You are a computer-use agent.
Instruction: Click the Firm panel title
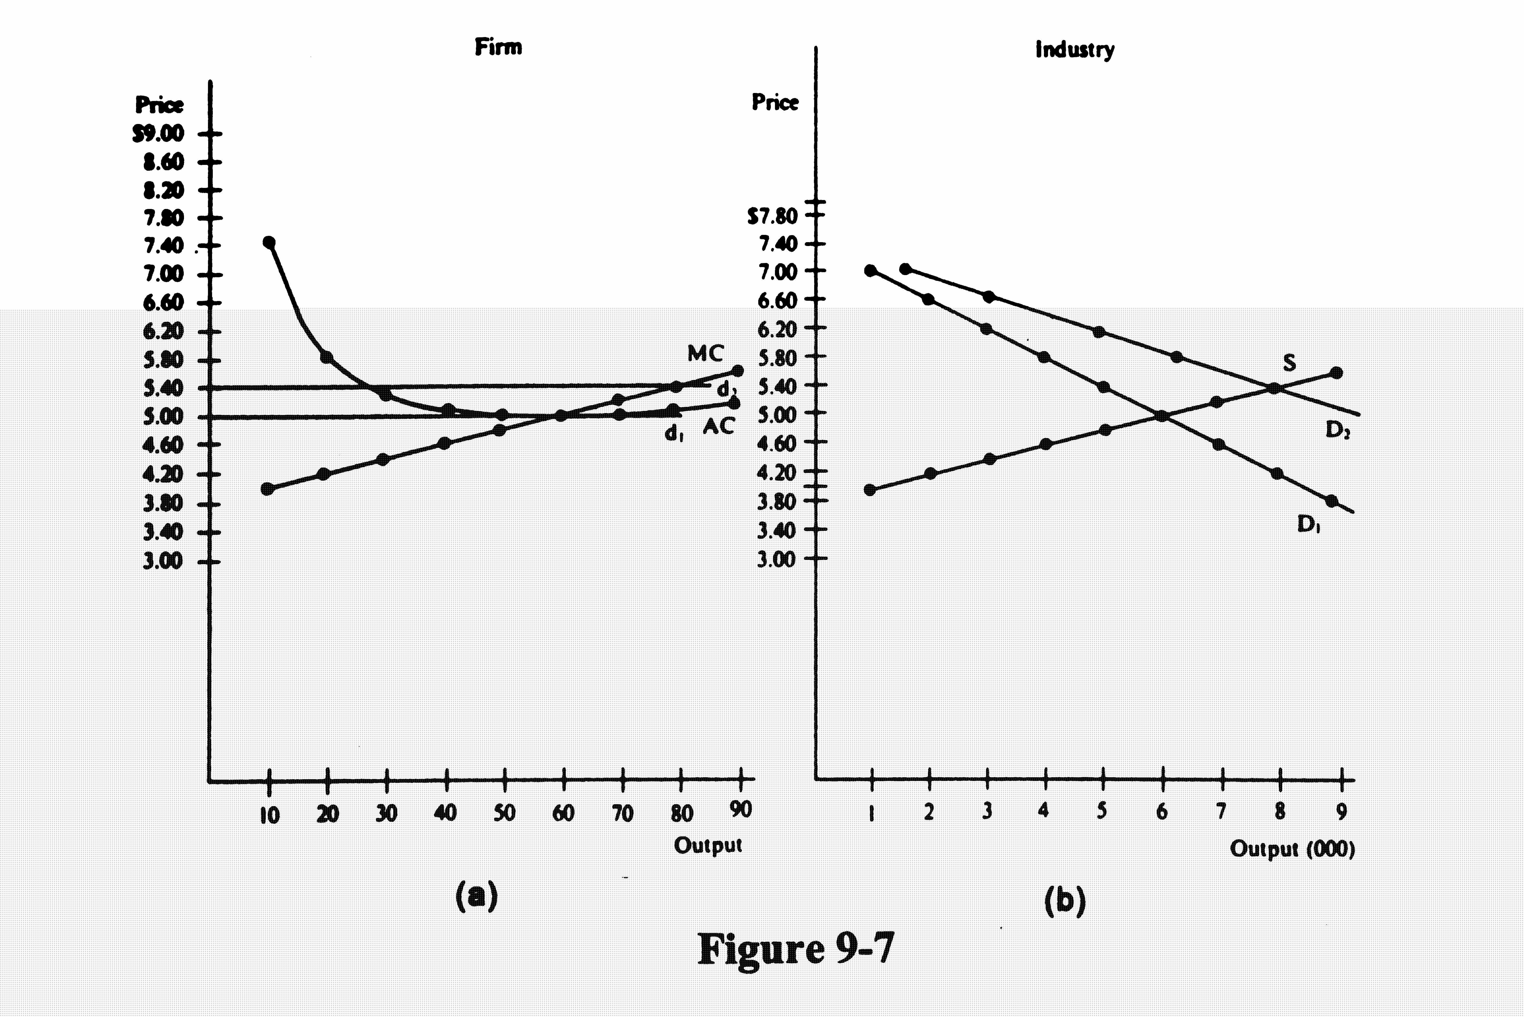498,47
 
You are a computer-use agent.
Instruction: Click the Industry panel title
1075,50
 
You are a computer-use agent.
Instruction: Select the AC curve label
719,426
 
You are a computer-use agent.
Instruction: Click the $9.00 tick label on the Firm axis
159,134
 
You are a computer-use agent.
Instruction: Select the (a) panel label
477,896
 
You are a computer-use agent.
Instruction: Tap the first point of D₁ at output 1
870,270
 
